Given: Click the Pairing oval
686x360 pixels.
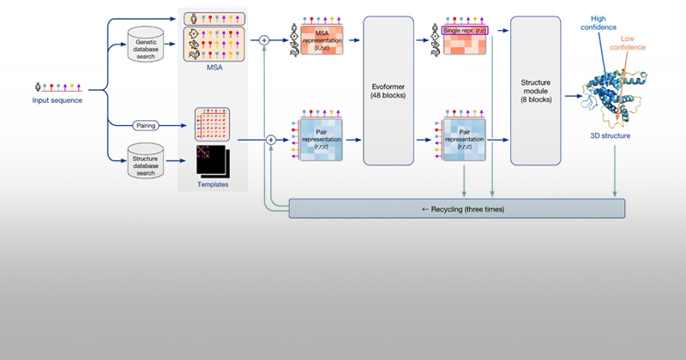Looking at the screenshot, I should pos(148,124).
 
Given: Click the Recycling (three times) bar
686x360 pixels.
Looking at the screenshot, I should pos(457,208).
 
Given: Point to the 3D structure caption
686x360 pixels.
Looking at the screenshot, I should pos(611,135).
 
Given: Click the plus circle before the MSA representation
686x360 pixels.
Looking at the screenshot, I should pos(264,39).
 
